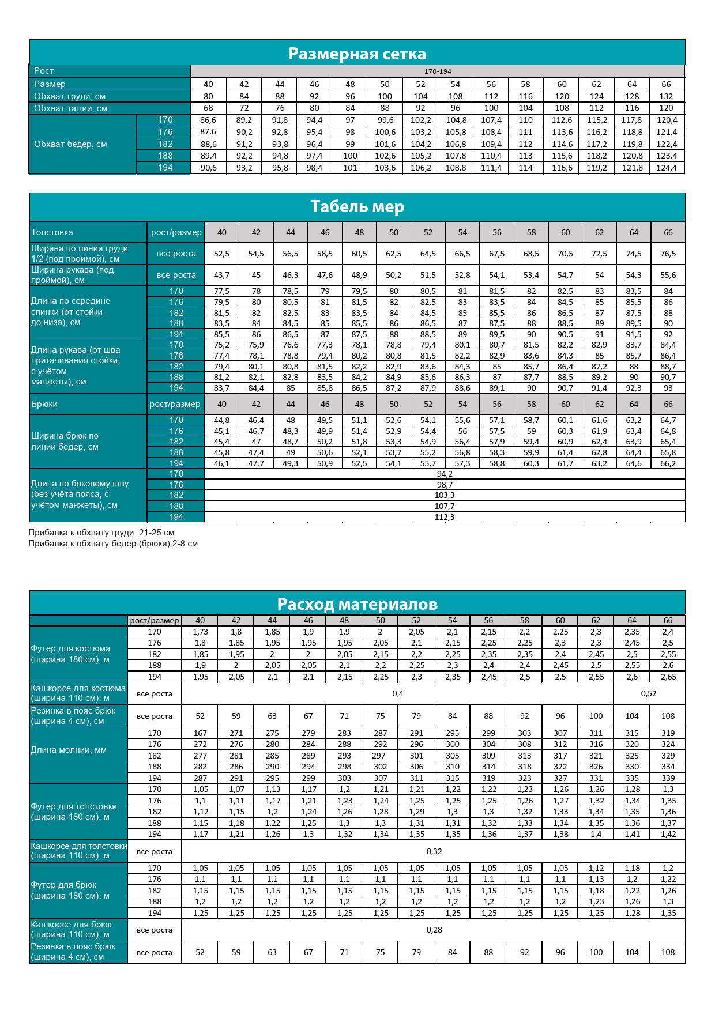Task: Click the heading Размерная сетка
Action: click(357, 54)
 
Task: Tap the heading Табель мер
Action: click(357, 206)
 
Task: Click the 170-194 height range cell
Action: click(438, 71)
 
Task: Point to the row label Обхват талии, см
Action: click(70, 108)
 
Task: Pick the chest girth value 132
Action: click(666, 96)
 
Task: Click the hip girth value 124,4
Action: click(667, 168)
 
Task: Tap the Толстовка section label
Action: click(52, 232)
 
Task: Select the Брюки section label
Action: click(44, 404)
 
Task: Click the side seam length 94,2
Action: click(445, 474)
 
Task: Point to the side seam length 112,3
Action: click(445, 517)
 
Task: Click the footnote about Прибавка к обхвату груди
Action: click(101, 533)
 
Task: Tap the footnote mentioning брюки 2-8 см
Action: click(113, 544)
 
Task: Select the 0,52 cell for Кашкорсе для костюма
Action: click(649, 693)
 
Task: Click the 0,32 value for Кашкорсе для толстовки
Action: click(434, 851)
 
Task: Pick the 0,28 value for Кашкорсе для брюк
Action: click(434, 930)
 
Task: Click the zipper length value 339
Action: click(668, 778)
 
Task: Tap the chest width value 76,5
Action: click(668, 254)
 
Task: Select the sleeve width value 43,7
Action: click(221, 275)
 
